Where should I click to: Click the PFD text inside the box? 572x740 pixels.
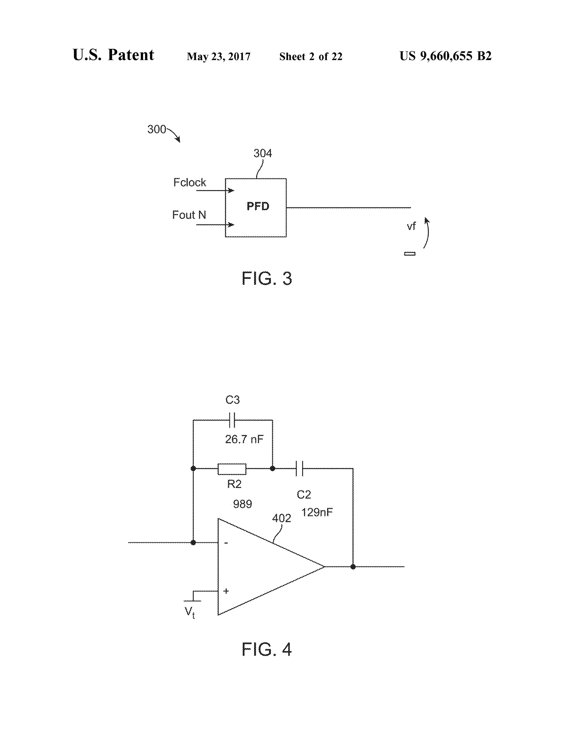point(258,206)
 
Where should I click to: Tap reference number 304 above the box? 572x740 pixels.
point(263,154)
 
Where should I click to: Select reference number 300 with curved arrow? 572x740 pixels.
point(157,130)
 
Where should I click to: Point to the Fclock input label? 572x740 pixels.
point(189,183)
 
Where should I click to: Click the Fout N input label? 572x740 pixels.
point(189,215)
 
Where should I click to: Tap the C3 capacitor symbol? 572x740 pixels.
point(232,420)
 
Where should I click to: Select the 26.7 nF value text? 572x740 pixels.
point(244,440)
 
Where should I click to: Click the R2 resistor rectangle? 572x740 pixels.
point(232,469)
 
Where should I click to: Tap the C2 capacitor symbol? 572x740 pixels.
point(299,469)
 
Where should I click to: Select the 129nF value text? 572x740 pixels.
point(317,512)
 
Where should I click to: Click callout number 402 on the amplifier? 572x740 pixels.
point(281,518)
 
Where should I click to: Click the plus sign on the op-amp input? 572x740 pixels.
point(226,591)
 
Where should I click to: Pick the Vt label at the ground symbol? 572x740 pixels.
point(189,612)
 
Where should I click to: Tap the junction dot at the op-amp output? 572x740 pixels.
point(353,567)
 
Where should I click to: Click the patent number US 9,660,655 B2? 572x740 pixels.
point(445,56)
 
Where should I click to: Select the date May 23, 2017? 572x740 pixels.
point(219,57)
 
